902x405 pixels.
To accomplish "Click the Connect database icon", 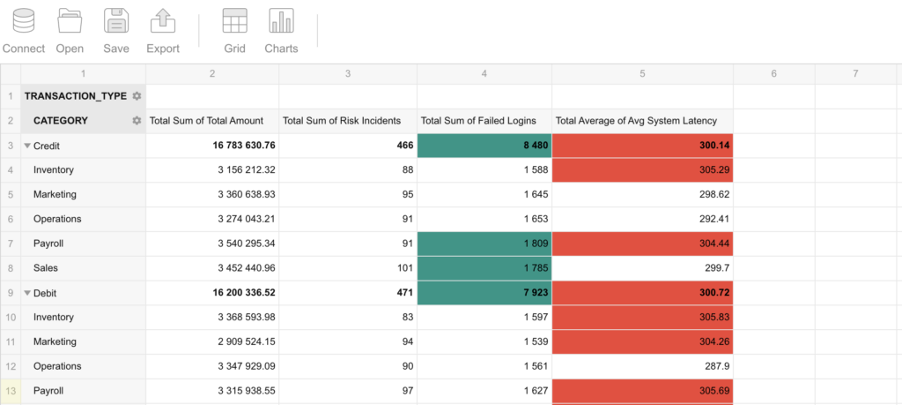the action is coord(24,21).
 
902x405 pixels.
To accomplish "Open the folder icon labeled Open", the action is coord(70,21).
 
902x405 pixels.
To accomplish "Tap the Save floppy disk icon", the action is coord(116,21).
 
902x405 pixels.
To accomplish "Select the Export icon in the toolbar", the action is coord(163,21).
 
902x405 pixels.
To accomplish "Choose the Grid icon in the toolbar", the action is coord(234,21).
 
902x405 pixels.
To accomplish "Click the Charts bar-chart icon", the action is coord(281,21).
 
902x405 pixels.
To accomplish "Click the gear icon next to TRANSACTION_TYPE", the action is coord(137,96).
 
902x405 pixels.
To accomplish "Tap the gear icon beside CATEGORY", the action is coord(137,120).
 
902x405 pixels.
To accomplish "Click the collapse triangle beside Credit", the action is coord(27,146).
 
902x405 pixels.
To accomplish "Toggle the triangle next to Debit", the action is coord(27,293).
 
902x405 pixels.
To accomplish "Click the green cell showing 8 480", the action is coord(484,146).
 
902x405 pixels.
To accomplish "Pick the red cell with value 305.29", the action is coord(642,170).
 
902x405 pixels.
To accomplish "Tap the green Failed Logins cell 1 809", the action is coord(484,244).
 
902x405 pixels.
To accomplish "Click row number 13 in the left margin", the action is coord(11,391).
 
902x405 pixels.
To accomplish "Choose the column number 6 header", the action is coord(773,74).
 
